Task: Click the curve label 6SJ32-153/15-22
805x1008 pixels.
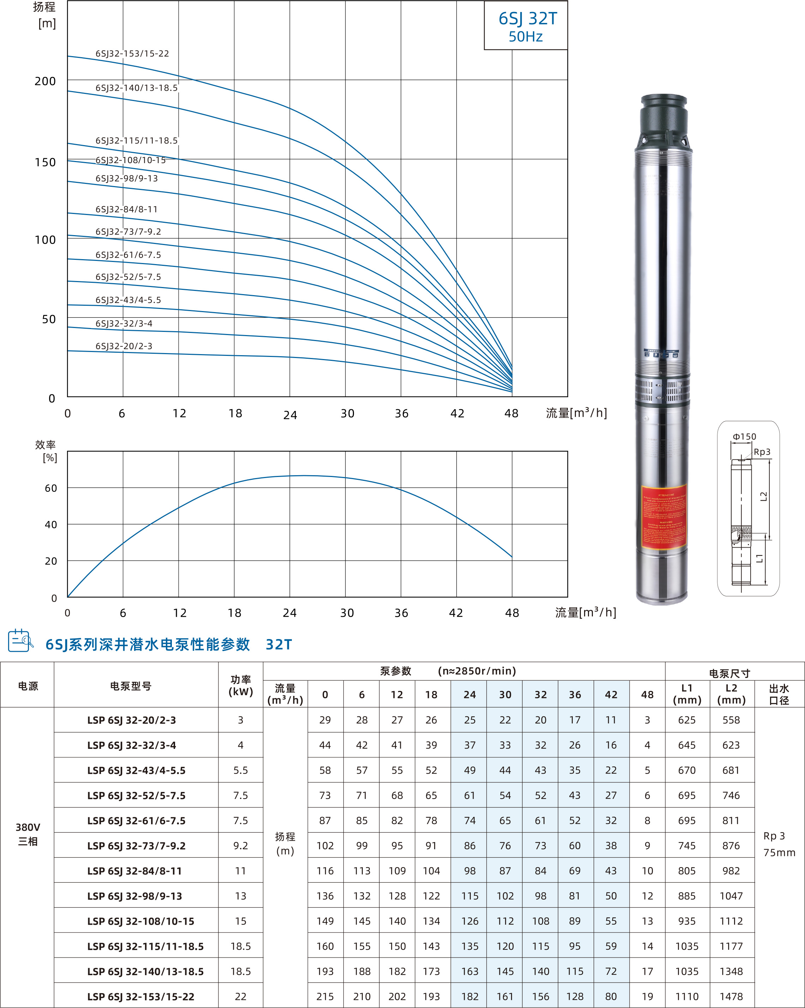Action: coord(132,54)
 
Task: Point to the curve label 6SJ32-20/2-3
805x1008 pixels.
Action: coord(124,346)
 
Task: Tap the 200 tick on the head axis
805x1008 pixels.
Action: coord(45,81)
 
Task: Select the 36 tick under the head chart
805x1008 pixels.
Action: coord(401,414)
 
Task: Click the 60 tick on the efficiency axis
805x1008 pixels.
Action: coord(51,488)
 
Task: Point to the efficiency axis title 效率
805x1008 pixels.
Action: coord(45,445)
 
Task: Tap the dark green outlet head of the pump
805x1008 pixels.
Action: coord(663,117)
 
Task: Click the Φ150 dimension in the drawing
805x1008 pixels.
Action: coord(744,437)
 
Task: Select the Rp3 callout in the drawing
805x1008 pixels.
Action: coord(762,452)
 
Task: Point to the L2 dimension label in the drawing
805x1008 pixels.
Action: coord(763,496)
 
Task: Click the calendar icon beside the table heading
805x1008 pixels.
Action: coord(20,640)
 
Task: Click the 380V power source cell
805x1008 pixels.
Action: coord(28,834)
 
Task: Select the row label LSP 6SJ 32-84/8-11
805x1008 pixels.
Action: coord(134,871)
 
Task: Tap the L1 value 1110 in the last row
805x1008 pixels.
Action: coord(686,997)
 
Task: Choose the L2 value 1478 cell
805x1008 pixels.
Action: coord(731,997)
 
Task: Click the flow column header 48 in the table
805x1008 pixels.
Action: coord(647,695)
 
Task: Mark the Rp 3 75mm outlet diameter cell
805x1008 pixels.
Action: coord(779,844)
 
